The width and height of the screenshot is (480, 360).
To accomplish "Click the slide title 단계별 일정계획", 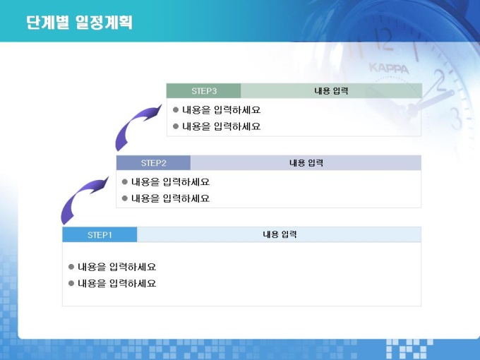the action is [x=79, y=23].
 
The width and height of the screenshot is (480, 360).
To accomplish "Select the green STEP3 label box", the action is [x=203, y=91].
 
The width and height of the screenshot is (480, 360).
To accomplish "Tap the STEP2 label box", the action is [x=153, y=163].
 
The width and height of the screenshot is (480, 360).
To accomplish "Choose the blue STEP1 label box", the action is [x=100, y=235].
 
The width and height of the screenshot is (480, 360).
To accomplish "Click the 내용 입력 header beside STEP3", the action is [x=331, y=91].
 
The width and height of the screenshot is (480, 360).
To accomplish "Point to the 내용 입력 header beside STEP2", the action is [x=306, y=163].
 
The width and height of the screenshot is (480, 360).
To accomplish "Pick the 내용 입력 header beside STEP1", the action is [x=280, y=234].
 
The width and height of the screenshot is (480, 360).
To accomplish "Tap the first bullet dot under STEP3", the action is [x=176, y=109].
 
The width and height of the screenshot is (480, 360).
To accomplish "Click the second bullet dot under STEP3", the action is [x=176, y=126].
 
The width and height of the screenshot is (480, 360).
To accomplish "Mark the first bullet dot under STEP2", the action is [x=125, y=182].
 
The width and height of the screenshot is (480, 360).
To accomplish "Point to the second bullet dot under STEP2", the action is [x=125, y=198].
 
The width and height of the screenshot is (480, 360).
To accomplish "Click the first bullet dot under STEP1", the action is [x=71, y=267].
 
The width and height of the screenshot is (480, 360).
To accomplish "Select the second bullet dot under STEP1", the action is [x=71, y=284].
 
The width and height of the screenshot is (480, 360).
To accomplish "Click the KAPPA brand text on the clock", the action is [x=389, y=68].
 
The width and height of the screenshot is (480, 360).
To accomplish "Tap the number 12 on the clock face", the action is [x=383, y=40].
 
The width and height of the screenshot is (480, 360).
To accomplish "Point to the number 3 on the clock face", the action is [x=456, y=119].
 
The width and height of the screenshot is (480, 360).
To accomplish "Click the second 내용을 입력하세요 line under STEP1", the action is [x=117, y=284].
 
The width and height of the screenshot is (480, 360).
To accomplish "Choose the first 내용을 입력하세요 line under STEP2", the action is [x=171, y=182].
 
